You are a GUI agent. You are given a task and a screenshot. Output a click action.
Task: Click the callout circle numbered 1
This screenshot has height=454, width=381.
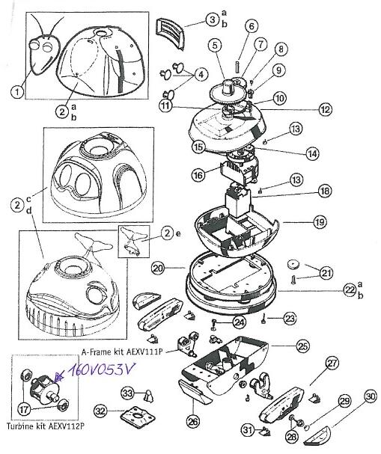[17, 92]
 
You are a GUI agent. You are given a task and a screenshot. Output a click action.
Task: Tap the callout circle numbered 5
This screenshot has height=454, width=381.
[215, 46]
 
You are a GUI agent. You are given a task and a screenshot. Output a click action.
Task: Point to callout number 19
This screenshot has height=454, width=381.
[320, 222]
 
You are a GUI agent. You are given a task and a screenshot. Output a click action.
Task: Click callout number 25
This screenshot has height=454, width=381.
[302, 346]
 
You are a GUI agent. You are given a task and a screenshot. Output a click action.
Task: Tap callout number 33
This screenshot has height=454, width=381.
[128, 393]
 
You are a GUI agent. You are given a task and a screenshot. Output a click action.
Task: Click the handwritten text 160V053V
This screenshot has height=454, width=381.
[101, 369]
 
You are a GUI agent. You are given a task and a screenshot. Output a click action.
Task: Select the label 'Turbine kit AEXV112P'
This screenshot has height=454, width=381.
[46, 426]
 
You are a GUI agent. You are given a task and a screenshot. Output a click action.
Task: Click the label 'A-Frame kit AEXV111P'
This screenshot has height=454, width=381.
[121, 352]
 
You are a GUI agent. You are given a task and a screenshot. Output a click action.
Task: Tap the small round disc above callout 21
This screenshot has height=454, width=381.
[294, 264]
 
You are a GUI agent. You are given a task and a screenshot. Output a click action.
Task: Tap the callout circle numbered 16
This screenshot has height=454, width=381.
[198, 175]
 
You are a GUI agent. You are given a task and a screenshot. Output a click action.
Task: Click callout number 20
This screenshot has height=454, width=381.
[159, 269]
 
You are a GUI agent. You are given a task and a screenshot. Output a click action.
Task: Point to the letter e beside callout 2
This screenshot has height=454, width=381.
[178, 233]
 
